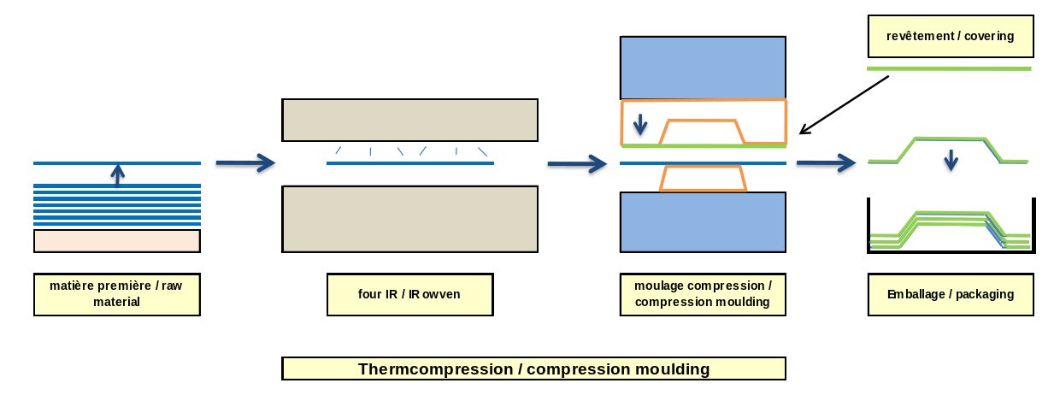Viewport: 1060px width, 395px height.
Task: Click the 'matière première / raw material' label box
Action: click(x=117, y=294)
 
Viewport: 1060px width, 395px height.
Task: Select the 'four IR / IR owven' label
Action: click(x=409, y=294)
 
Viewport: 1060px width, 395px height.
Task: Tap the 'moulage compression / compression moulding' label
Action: click(x=703, y=294)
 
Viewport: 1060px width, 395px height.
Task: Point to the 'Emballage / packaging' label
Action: click(x=951, y=294)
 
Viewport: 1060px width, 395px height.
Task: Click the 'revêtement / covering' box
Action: click(x=951, y=37)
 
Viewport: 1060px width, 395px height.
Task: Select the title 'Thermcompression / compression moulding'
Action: click(x=533, y=368)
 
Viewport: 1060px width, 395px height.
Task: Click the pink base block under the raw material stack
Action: click(x=117, y=241)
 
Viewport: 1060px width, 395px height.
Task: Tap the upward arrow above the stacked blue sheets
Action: click(x=118, y=175)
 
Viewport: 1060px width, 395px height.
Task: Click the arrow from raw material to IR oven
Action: click(x=245, y=162)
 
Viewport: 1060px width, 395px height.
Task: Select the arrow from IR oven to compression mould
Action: click(x=577, y=163)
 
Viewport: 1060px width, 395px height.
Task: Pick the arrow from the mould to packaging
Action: click(x=827, y=162)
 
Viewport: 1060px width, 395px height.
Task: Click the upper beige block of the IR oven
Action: click(x=409, y=121)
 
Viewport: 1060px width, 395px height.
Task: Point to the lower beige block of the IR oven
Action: click(x=409, y=219)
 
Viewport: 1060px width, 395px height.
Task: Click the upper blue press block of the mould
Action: click(x=703, y=68)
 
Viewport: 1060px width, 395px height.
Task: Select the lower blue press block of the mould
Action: click(x=703, y=221)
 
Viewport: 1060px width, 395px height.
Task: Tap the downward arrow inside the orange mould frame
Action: click(x=640, y=125)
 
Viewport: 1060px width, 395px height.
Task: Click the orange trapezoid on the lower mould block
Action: click(x=703, y=179)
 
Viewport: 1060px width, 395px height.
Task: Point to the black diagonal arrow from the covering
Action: click(x=845, y=105)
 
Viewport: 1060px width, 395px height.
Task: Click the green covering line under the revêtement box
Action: click(x=949, y=68)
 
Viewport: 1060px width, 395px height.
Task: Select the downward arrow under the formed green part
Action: click(x=951, y=161)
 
